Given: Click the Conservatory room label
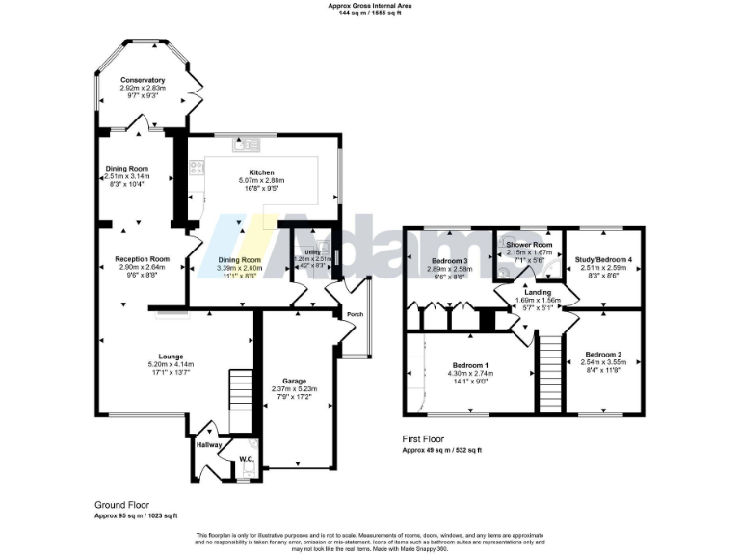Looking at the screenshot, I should tap(143, 80).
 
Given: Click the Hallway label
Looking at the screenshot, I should tap(209, 445).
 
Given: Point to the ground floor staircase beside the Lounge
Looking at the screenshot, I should tap(238, 394).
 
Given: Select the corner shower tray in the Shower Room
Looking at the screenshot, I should tap(507, 245).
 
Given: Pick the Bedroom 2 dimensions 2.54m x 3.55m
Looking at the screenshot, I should tap(605, 365).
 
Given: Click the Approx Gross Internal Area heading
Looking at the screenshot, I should tap(370, 5).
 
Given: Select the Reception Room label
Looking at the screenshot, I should tap(143, 259).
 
